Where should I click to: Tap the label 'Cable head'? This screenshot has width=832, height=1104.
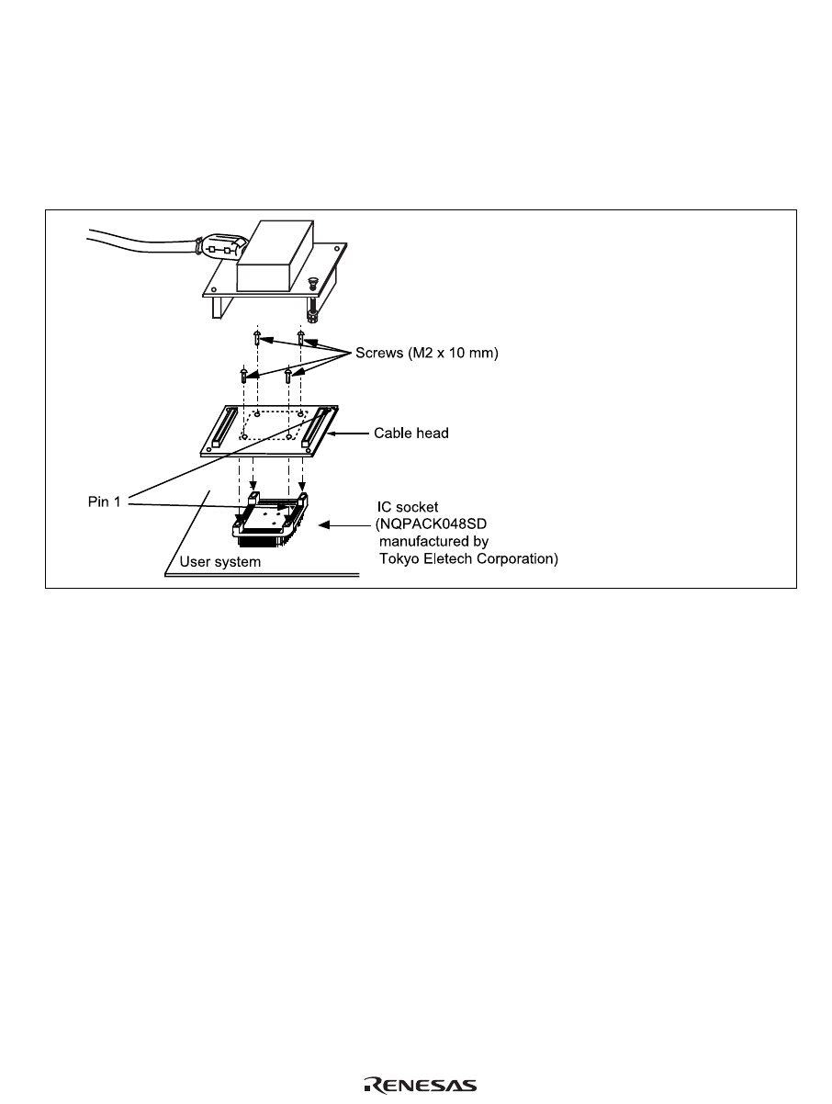click(x=410, y=432)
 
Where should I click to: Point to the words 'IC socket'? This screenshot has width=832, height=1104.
click(x=410, y=505)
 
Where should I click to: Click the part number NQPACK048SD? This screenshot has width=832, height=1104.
click(x=428, y=524)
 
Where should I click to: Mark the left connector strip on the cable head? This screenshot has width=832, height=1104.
click(x=221, y=425)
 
